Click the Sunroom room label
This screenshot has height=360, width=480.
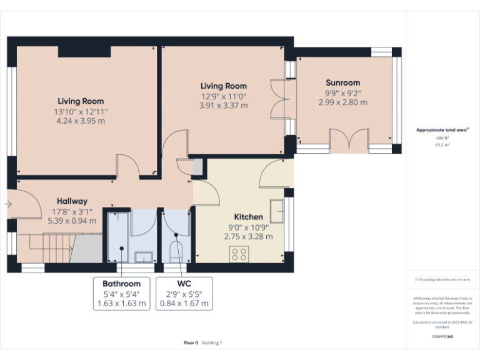tap(342, 82)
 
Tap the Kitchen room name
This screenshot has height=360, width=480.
tap(248, 217)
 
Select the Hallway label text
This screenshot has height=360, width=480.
tap(72, 201)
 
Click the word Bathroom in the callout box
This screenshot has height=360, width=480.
tap(122, 283)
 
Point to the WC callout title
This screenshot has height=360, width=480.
tap(184, 283)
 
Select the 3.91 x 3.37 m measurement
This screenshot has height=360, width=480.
tap(223, 106)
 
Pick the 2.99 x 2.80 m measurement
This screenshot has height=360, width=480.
tap(342, 102)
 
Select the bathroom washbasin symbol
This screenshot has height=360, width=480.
tap(144, 256)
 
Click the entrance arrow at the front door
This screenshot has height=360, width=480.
tap(8, 204)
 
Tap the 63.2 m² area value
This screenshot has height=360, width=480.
tap(442, 144)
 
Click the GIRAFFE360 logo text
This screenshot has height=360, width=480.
tap(442, 336)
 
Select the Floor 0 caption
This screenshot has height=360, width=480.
tap(191, 342)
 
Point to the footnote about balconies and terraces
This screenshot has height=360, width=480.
tap(442, 279)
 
